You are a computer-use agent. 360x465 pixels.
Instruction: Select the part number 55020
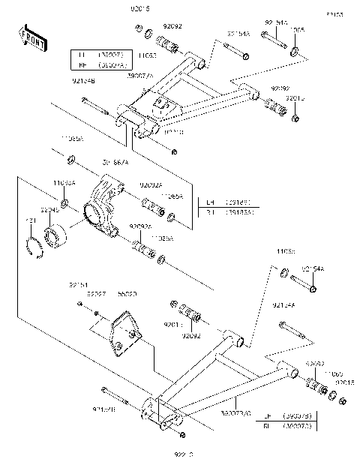[127, 295]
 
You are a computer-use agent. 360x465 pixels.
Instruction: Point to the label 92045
[51, 211]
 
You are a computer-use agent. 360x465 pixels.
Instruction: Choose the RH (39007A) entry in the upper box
[102, 64]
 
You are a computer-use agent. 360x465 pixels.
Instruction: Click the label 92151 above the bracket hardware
[79, 285]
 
